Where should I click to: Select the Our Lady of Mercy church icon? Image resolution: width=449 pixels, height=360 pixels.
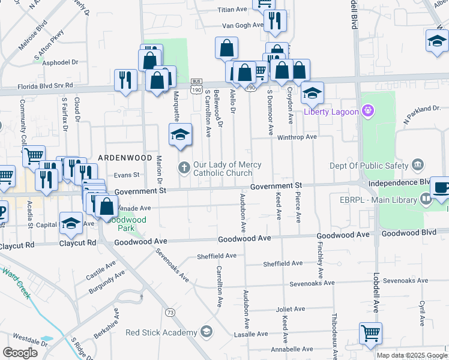click(x=185, y=166)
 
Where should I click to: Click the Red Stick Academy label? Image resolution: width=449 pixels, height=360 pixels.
click(x=161, y=332)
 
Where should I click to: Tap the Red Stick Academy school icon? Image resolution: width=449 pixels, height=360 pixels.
click(x=206, y=332)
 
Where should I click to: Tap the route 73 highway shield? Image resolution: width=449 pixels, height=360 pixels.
click(x=171, y=313)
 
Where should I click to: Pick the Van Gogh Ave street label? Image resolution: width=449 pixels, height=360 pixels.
click(x=243, y=25)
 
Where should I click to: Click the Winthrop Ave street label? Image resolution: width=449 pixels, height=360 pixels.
click(x=297, y=137)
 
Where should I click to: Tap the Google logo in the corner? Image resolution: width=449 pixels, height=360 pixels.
click(x=20, y=353)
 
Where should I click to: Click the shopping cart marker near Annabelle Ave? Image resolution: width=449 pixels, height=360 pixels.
click(x=370, y=333)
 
